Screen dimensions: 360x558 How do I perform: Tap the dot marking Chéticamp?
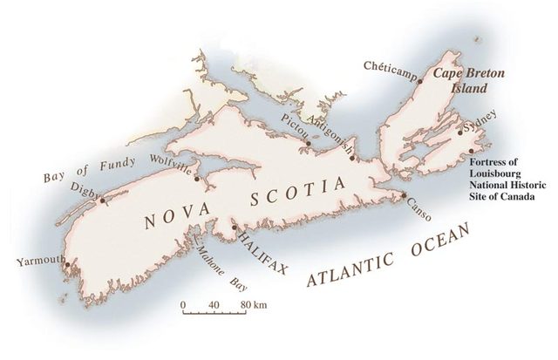(419, 80)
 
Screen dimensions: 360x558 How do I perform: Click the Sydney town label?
(481, 116)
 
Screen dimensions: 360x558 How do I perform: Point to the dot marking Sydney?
(459, 132)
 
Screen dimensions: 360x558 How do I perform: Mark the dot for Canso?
(403, 195)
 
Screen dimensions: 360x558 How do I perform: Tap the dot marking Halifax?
(234, 228)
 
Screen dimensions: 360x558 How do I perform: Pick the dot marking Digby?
(101, 200)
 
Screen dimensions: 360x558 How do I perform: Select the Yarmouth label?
(40, 259)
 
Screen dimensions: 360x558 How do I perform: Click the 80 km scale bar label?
(254, 304)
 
